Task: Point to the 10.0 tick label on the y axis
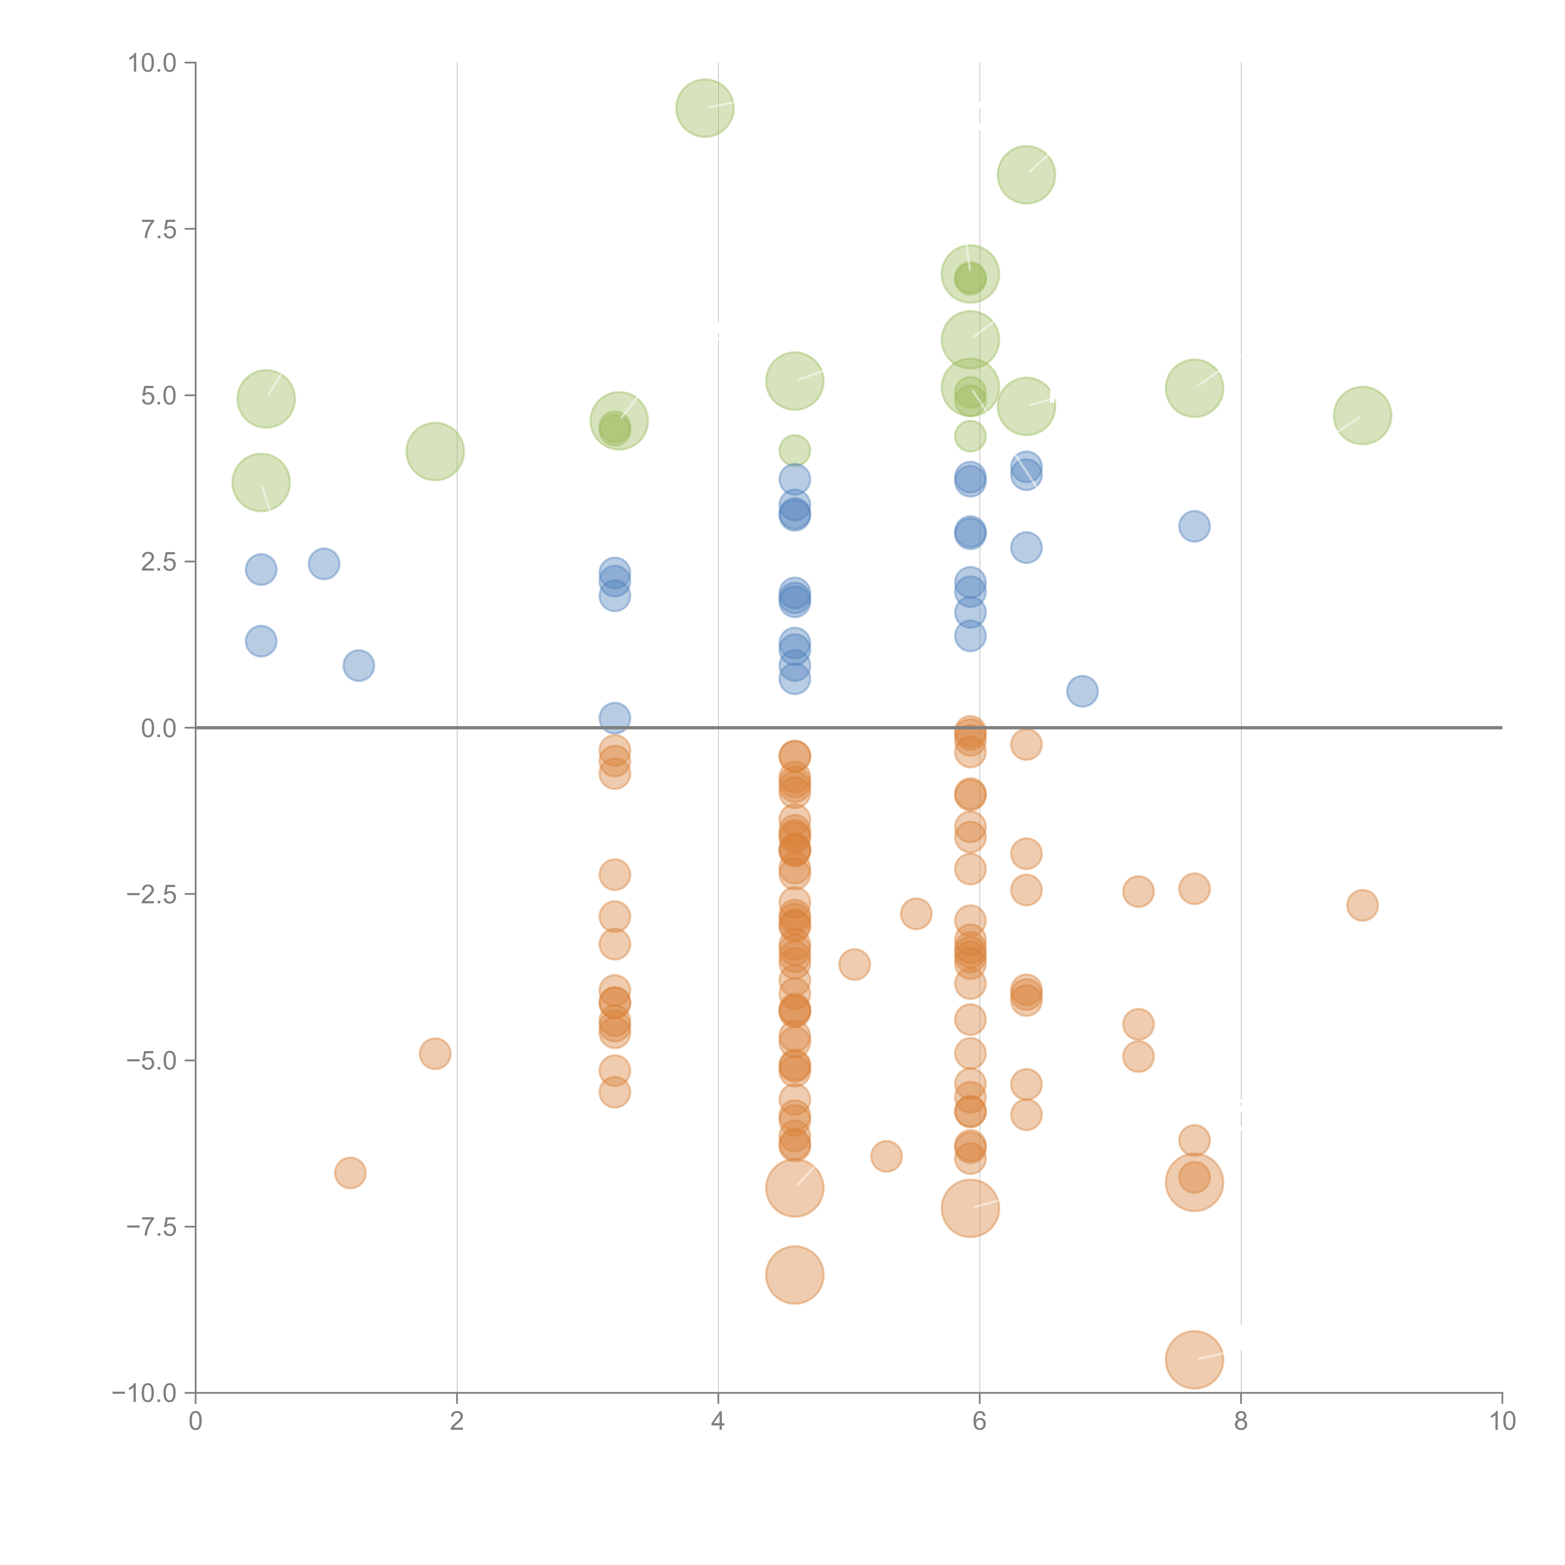pyautogui.click(x=152, y=63)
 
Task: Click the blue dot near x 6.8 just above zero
pyautogui.click(x=1082, y=691)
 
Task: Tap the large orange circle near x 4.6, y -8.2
pyautogui.click(x=795, y=1275)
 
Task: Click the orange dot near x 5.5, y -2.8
pyautogui.click(x=915, y=914)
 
